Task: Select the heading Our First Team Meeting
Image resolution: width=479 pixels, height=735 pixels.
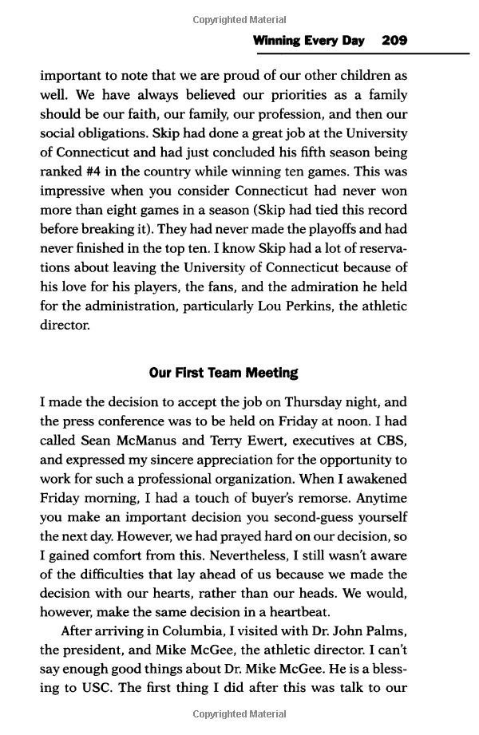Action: point(224,373)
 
